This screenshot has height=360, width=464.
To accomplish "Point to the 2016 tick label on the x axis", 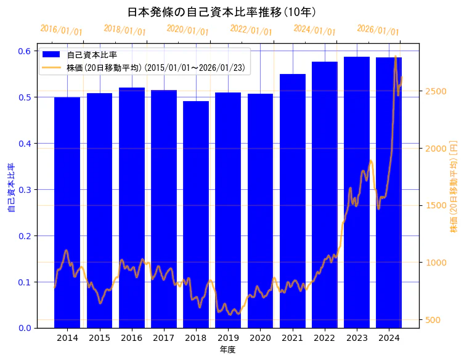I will [132, 338].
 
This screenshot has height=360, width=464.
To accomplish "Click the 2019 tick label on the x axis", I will [228, 338].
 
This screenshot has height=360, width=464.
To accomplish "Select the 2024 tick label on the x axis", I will [389, 338].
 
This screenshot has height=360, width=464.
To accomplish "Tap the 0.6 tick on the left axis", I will [25, 51].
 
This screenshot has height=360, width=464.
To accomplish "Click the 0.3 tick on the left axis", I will [25, 190].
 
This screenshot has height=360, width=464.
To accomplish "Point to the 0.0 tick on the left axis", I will [25, 328].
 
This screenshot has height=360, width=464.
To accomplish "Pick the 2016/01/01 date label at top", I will [60, 30].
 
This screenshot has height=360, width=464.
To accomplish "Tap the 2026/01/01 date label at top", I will [378, 30].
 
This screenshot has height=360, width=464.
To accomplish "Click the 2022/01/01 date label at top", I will [251, 30].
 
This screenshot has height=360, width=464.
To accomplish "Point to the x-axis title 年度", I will [228, 350].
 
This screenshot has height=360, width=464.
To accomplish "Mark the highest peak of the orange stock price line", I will [395, 57].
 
